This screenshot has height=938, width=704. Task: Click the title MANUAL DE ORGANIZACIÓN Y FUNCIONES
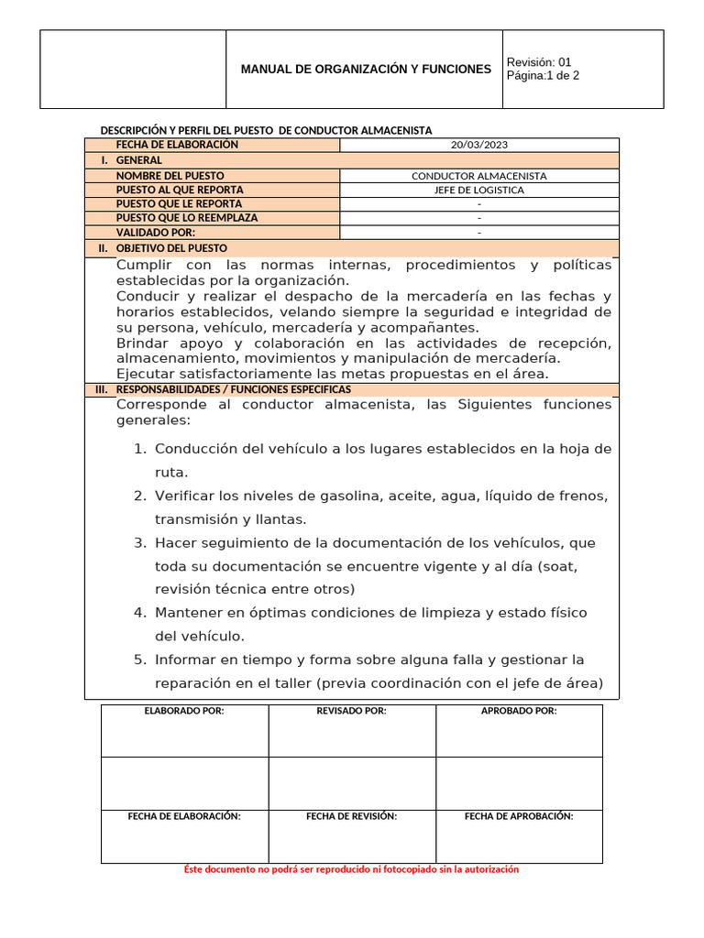pyautogui.click(x=365, y=70)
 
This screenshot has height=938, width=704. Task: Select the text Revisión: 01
pyautogui.click(x=538, y=62)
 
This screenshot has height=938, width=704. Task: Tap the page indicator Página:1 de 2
pyautogui.click(x=543, y=76)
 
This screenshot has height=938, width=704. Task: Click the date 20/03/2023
pyautogui.click(x=478, y=145)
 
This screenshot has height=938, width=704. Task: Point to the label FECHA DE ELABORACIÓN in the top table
pyautogui.click(x=177, y=145)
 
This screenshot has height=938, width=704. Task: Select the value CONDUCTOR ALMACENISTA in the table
pyautogui.click(x=478, y=175)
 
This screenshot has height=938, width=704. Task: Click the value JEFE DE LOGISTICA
pyautogui.click(x=478, y=190)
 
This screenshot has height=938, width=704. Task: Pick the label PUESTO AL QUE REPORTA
pyautogui.click(x=180, y=190)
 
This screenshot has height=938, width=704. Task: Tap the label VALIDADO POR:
pyautogui.click(x=155, y=233)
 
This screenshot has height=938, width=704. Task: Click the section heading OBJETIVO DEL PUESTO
pyautogui.click(x=171, y=248)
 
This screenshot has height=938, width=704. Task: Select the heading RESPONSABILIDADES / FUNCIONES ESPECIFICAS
pyautogui.click(x=233, y=389)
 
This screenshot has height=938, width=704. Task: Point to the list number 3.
pyautogui.click(x=139, y=543)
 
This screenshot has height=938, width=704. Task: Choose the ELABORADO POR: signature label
pyautogui.click(x=184, y=711)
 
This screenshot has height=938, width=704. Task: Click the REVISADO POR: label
pyautogui.click(x=351, y=711)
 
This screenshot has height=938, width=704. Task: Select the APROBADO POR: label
pyautogui.click(x=519, y=711)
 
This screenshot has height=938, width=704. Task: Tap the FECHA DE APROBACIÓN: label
pyautogui.click(x=519, y=816)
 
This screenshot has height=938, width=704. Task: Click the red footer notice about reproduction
pyautogui.click(x=351, y=869)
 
